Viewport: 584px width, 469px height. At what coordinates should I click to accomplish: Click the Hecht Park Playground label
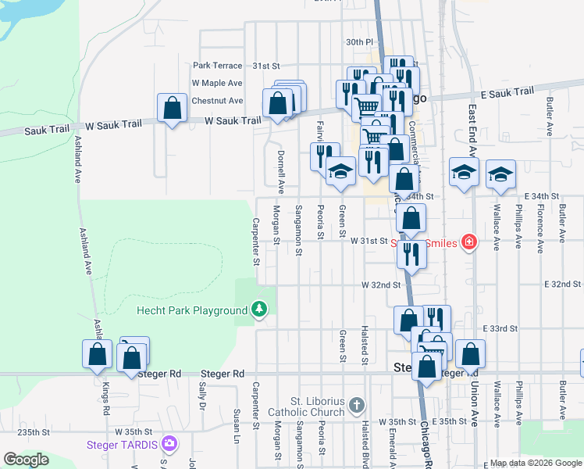tap(191, 310)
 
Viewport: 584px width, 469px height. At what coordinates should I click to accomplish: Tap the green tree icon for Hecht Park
tap(258, 310)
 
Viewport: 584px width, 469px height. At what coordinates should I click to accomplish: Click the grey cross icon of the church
tap(357, 405)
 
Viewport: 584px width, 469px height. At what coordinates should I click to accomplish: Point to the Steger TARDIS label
tap(121, 445)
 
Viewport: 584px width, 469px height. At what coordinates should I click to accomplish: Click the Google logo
tap(26, 460)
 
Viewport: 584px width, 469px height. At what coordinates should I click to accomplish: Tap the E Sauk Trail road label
tap(507, 93)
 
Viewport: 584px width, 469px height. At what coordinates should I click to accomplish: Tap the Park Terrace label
tap(214, 66)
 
